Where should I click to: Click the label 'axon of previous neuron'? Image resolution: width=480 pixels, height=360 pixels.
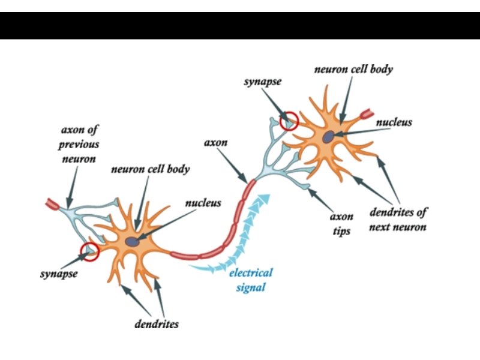(x=79, y=145)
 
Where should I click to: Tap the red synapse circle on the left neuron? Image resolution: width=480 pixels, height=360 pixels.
(x=90, y=253)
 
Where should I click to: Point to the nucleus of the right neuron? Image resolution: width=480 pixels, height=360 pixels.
(x=328, y=137)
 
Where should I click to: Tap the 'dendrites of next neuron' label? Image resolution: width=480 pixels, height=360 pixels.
(x=398, y=220)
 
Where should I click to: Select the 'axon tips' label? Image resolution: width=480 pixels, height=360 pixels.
(x=342, y=224)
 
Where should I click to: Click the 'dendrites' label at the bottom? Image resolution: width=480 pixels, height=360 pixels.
(x=156, y=325)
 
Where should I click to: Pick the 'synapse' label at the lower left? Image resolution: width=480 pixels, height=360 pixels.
(x=59, y=274)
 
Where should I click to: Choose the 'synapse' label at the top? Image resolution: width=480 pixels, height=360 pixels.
(x=262, y=81)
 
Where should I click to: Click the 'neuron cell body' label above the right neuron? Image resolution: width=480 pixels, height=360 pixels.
(x=353, y=69)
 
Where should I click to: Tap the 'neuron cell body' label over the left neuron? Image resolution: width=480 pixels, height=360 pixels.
(x=150, y=169)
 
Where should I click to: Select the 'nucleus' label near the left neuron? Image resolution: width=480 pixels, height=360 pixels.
(x=203, y=203)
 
